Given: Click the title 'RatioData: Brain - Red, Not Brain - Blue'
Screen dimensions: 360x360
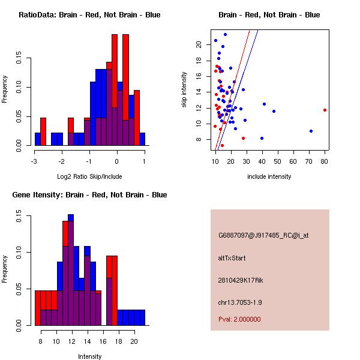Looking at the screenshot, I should (89, 14).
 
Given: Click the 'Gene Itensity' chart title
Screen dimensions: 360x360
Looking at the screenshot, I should (89, 195).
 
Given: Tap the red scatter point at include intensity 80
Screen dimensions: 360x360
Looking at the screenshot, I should (325, 110).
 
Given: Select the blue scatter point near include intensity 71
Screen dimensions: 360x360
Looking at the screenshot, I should (311, 131).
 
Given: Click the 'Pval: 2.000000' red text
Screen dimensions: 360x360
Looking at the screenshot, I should (239, 319).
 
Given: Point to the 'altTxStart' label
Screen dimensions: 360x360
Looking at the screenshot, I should (232, 258).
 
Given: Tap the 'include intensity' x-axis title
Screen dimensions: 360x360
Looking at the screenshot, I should (269, 176).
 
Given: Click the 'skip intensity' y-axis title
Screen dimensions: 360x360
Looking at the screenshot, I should (184, 90).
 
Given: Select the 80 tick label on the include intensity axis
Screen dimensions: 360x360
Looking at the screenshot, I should (325, 161).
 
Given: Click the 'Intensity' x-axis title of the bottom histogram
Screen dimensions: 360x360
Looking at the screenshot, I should (89, 356).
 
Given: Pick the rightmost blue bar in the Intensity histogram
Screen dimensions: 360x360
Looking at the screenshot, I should (142, 317).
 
